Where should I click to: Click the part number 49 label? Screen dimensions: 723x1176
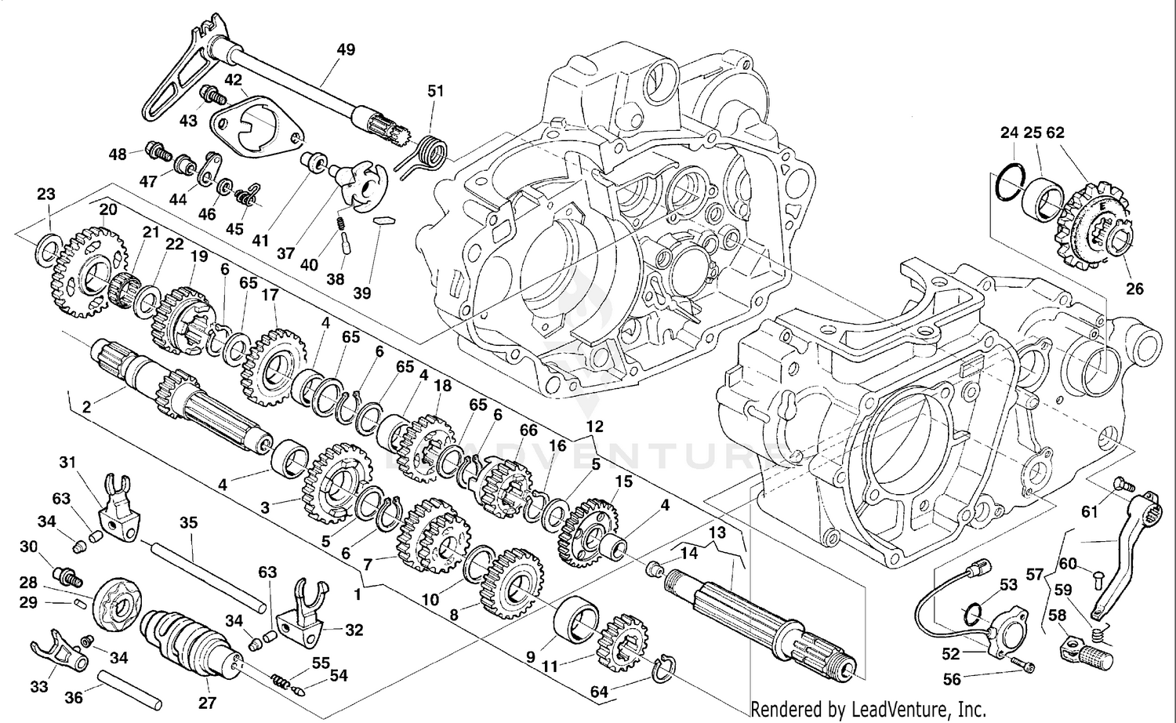pos(346,49)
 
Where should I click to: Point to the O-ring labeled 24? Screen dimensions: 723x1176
pos(1009,182)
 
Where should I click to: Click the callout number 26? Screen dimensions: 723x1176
pos(1134,289)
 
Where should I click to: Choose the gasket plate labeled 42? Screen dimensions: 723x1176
pos(255,125)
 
